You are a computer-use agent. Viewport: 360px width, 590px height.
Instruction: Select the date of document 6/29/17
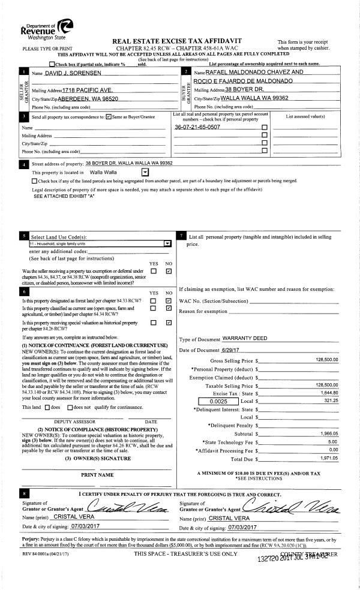pos(233,350)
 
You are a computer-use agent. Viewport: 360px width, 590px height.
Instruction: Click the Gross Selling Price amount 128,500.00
pos(326,360)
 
